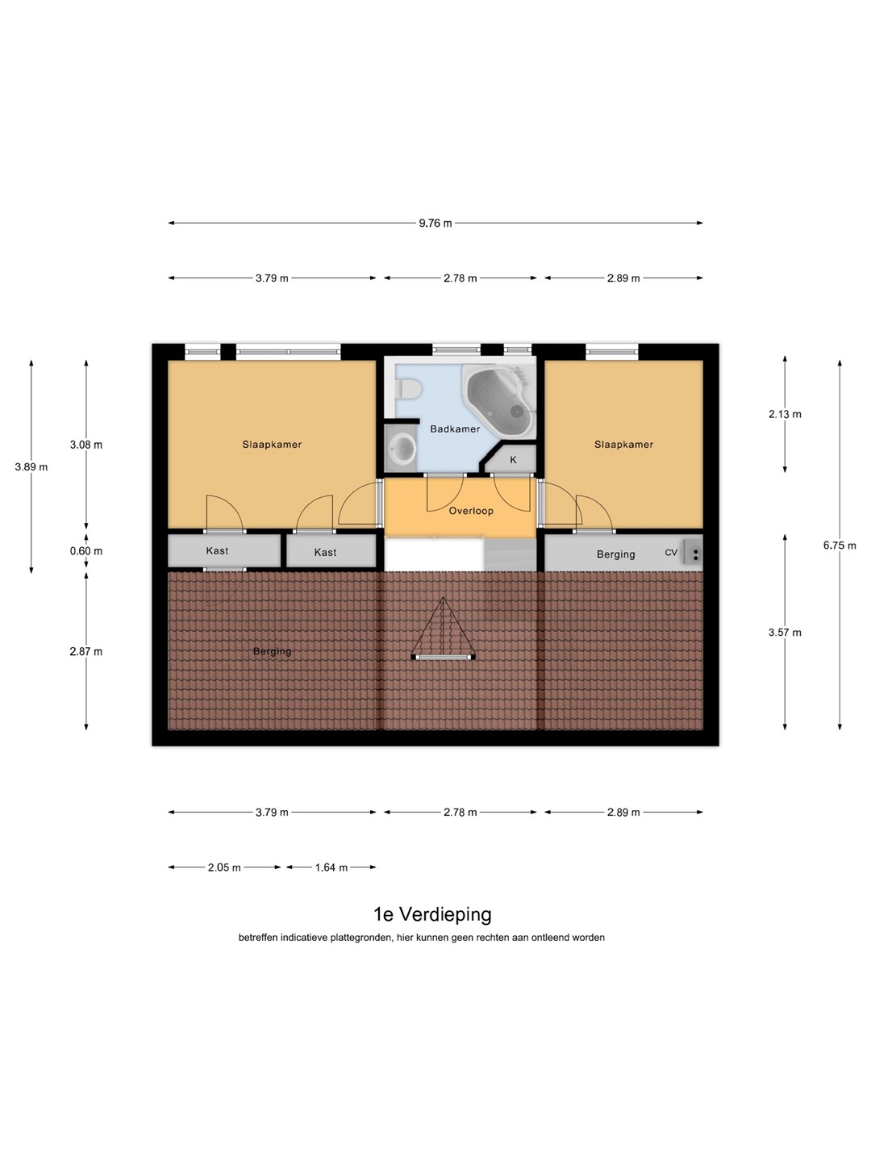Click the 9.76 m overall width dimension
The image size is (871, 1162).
point(435,223)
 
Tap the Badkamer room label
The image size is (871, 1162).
point(455,428)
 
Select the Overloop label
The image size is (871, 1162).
point(471,511)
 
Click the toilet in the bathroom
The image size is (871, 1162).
point(408,390)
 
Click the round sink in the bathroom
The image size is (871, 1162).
point(402,448)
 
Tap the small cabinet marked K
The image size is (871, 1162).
point(511,458)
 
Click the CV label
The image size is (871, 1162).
point(670,553)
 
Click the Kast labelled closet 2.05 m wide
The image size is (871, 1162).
point(224,551)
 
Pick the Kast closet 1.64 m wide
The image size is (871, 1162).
point(331,551)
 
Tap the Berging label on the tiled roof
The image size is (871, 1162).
point(272,652)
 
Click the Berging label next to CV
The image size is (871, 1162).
point(615,554)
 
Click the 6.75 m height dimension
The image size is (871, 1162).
point(840,545)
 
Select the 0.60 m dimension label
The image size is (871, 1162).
point(86,551)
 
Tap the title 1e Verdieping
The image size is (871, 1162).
point(432,914)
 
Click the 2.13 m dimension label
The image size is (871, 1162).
point(785,415)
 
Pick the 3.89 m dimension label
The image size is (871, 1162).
point(31,467)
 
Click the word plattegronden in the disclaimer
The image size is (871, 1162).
point(361,938)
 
